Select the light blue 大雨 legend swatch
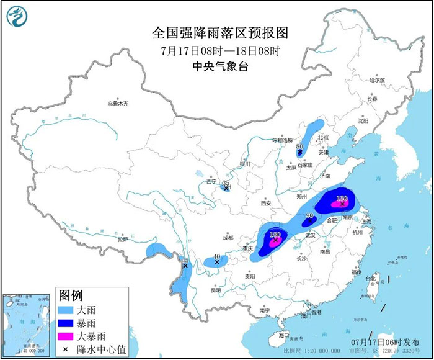click(66, 308)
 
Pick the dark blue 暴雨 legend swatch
click(66, 322)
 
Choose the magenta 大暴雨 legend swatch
click(66, 336)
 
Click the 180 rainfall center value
click(276, 235)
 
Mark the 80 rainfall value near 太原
click(299, 146)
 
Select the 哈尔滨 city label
click(377, 80)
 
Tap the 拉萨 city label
click(122, 239)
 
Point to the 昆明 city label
click(215, 290)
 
